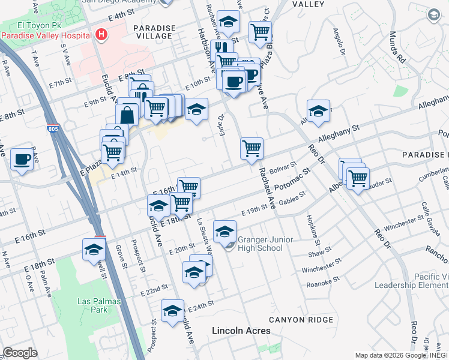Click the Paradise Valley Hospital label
point(46,35)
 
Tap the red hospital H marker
point(101,34)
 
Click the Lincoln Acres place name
point(241,331)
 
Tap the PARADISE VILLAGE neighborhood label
point(154,32)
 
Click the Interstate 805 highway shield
point(53,129)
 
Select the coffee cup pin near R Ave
point(22,159)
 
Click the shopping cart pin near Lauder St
point(358,177)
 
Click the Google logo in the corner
point(20,353)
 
